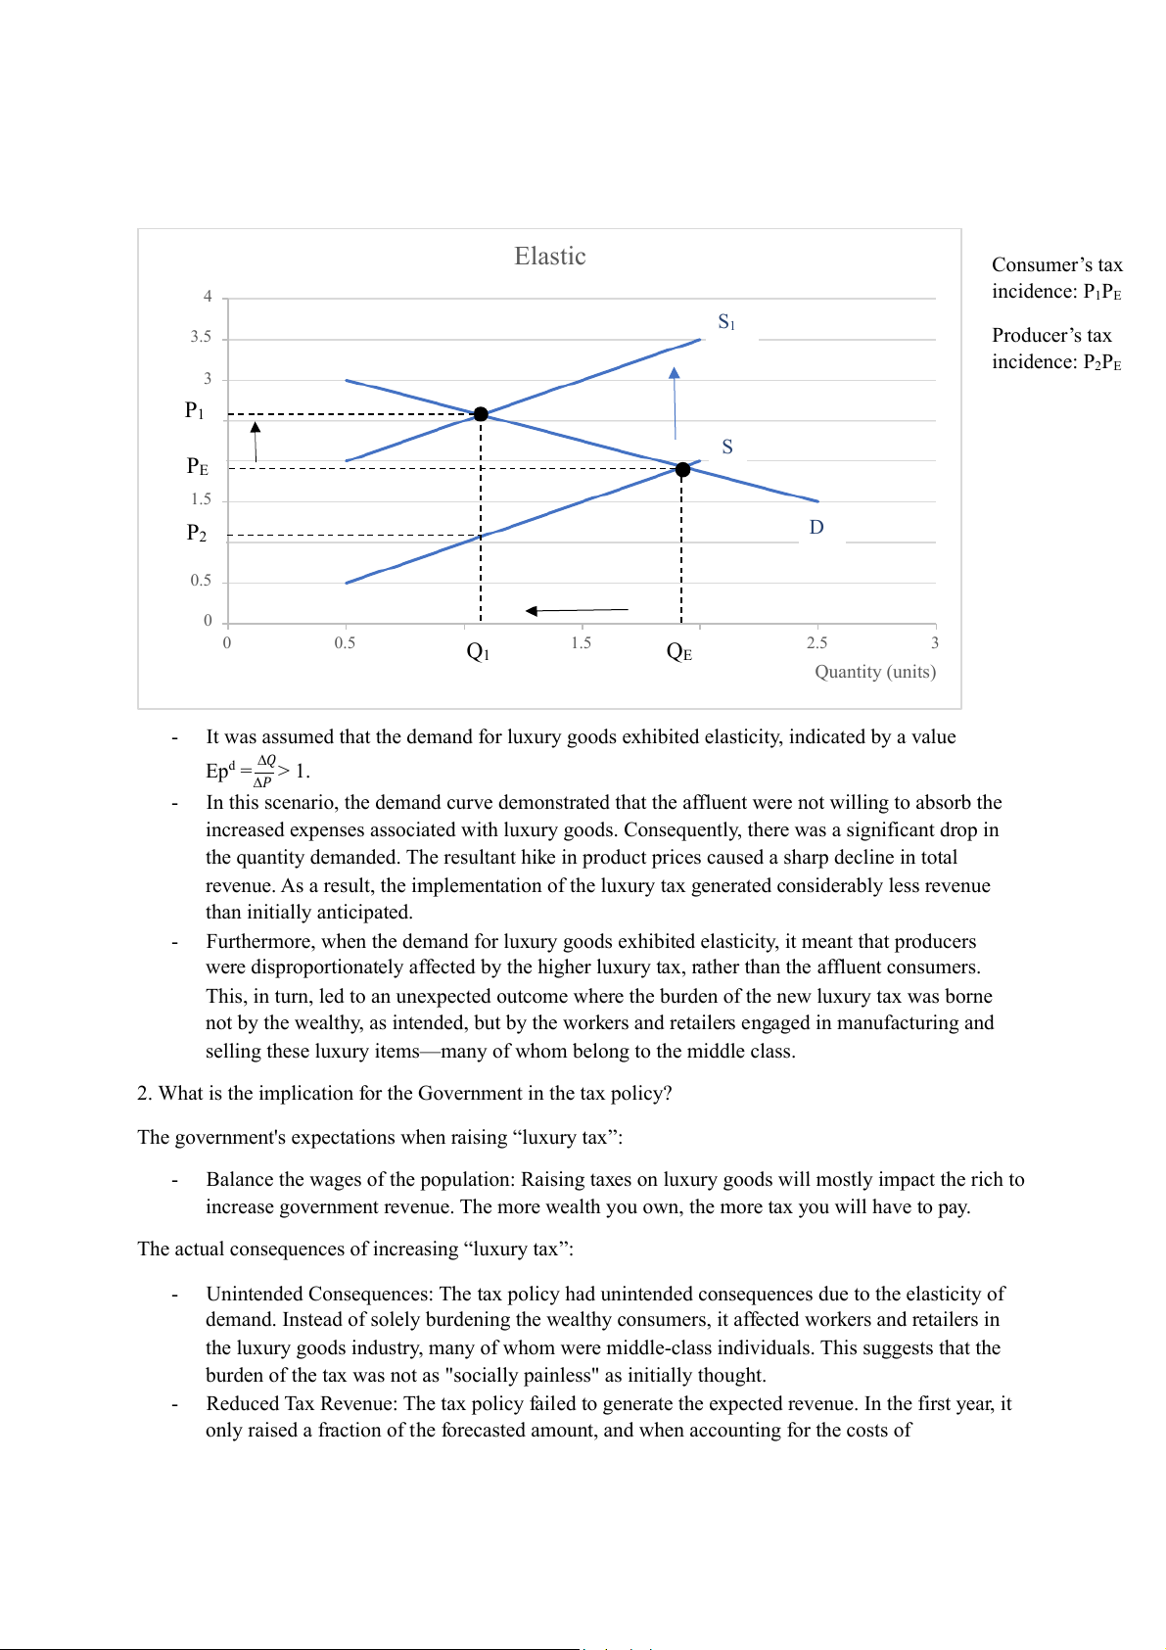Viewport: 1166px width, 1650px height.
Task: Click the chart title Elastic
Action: [550, 257]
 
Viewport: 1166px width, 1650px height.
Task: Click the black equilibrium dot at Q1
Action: [481, 414]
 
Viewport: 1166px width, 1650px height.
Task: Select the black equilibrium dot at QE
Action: [683, 470]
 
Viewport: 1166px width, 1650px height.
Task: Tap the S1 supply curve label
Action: [726, 322]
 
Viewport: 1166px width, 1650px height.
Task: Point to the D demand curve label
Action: [816, 528]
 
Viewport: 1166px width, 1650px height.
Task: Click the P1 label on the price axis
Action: [195, 410]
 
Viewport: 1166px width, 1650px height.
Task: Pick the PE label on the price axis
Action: [198, 466]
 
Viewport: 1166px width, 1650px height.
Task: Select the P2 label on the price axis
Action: [197, 533]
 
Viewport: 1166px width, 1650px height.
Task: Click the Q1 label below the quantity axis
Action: [478, 652]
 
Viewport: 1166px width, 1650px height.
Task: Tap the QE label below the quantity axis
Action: [679, 652]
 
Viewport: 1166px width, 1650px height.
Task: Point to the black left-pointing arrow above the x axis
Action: [577, 611]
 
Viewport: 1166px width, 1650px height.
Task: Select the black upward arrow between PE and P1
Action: [256, 442]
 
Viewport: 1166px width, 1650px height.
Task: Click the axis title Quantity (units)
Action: [875, 672]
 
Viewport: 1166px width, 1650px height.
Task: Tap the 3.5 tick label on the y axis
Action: [201, 337]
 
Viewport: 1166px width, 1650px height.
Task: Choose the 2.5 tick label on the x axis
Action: [816, 643]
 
